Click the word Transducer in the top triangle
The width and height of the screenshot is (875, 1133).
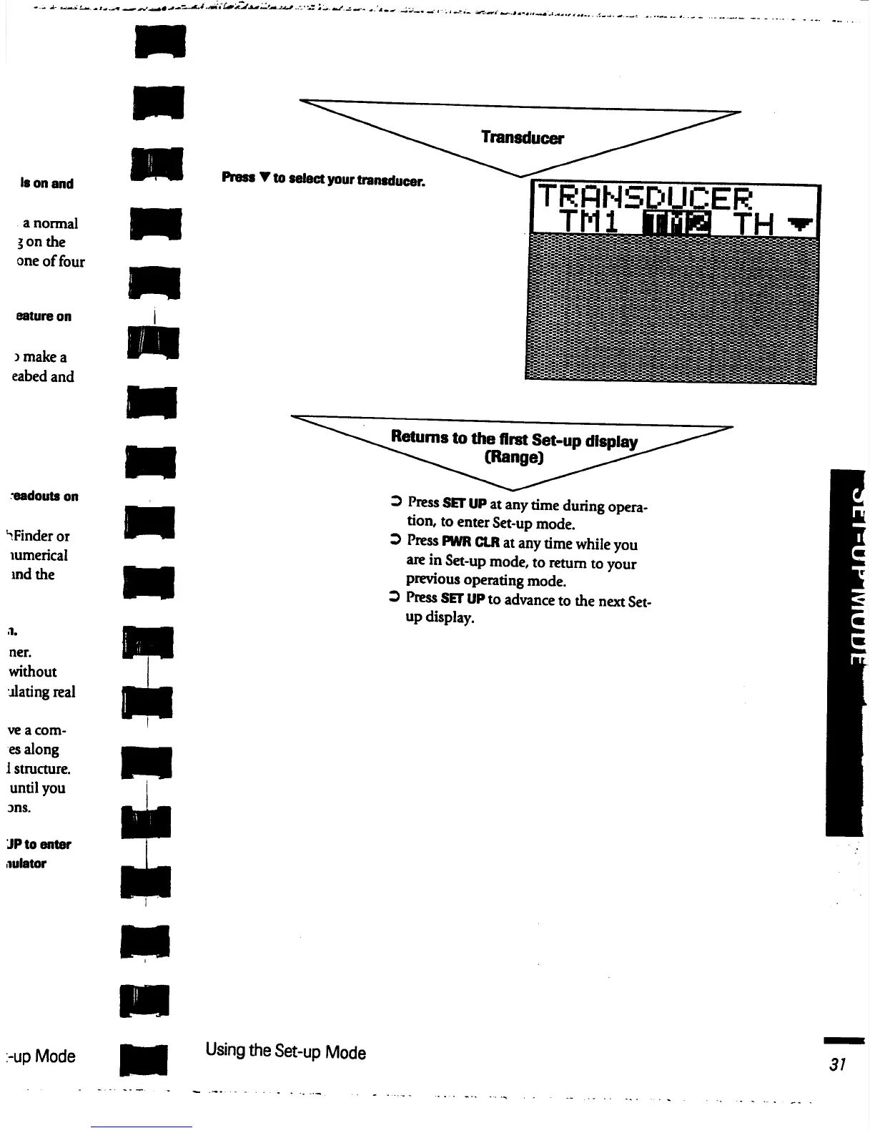click(522, 137)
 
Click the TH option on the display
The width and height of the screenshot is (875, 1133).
click(755, 225)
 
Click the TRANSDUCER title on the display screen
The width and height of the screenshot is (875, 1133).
click(644, 198)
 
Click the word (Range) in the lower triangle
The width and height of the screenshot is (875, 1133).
click(514, 457)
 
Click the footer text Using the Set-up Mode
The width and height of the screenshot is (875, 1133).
click(285, 1051)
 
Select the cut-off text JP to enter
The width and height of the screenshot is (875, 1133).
click(39, 844)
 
